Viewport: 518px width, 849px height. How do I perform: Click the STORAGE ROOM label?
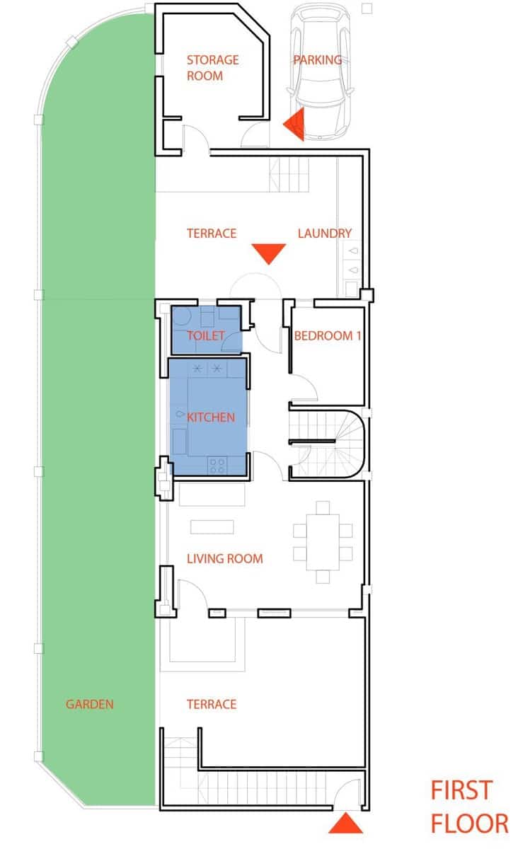coord(212,68)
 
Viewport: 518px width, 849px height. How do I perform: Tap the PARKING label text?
coord(317,60)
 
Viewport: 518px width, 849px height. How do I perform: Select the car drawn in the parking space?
coord(318,71)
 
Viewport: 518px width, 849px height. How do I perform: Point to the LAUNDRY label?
coord(324,233)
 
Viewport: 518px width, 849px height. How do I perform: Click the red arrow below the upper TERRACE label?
coord(269,253)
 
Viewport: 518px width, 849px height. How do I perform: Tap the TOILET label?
coord(205,335)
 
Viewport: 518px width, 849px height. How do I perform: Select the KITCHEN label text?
coord(210,417)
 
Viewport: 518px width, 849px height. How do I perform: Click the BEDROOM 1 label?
coord(327,335)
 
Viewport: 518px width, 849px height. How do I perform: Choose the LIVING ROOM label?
coord(224,559)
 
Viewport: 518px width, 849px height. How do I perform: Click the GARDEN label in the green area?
coord(90,705)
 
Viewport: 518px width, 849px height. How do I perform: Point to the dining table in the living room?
coord(323,542)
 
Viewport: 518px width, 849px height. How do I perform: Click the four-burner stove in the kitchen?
coord(217,465)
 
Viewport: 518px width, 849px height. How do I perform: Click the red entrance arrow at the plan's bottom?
coord(346,824)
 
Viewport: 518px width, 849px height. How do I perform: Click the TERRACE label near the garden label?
coord(211,705)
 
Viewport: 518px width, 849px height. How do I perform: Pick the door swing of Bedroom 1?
coord(303,389)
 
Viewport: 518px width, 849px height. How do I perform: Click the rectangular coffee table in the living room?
coord(212,527)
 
